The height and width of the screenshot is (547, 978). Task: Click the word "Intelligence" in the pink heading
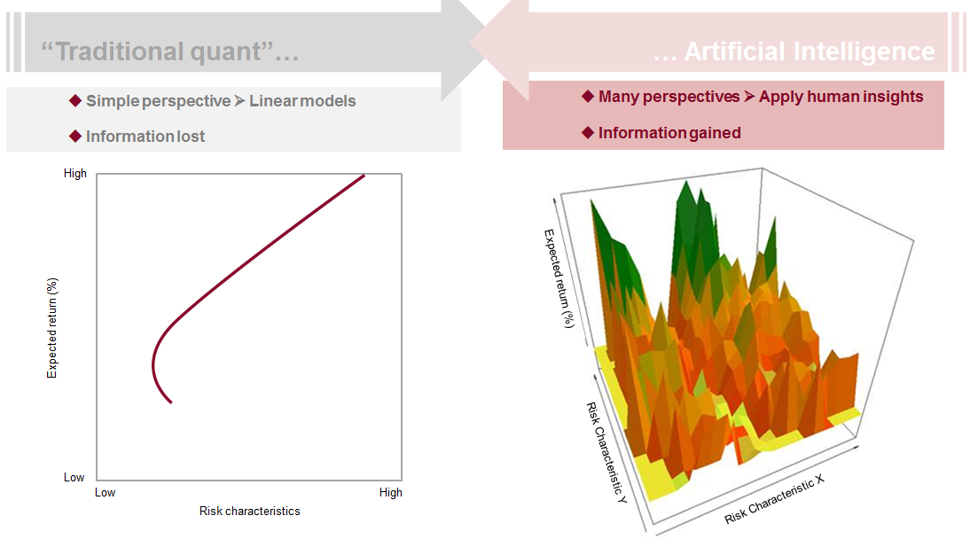point(857,51)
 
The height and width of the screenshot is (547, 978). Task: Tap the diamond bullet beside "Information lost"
point(74,136)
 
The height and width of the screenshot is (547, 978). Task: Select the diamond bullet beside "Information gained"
point(587,132)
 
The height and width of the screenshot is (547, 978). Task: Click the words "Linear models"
point(302,101)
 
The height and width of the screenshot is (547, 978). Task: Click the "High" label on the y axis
point(75,174)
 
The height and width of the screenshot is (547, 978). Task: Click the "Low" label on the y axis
point(74,477)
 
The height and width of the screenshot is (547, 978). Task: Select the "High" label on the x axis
point(390,492)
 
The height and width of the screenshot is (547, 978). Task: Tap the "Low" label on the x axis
point(105,492)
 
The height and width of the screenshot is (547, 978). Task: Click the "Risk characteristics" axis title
point(249,511)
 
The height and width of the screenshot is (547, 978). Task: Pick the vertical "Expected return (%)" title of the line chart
point(51,329)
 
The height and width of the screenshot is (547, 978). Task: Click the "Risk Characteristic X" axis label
point(774,498)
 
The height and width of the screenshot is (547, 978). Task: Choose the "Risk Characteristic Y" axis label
point(606,451)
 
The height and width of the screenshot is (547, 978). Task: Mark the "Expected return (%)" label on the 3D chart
point(559,277)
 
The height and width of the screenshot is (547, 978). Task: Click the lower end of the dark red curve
point(171,402)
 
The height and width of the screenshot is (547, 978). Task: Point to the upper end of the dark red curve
point(364,176)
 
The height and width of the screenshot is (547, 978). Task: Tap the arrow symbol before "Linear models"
point(239,101)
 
